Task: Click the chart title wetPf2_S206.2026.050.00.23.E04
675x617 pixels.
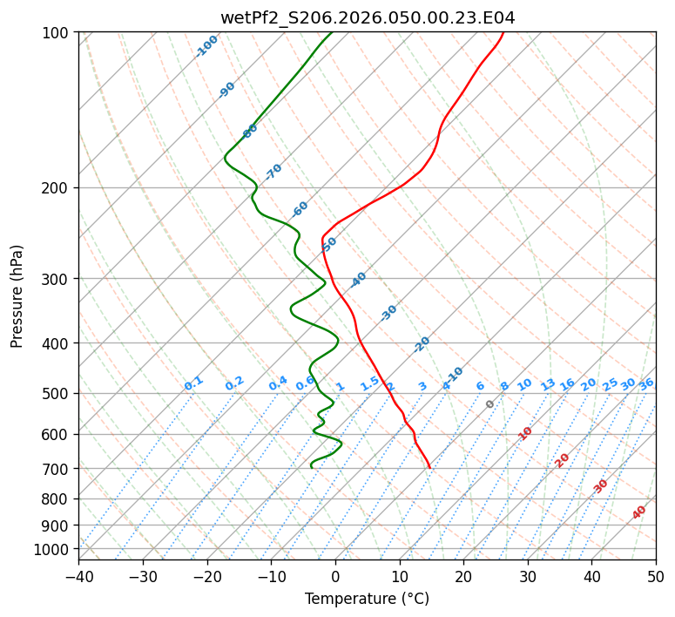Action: point(367,17)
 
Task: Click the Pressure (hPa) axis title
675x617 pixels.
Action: point(17,295)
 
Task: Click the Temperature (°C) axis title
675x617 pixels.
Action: point(367,600)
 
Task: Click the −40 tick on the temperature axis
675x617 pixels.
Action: point(78,577)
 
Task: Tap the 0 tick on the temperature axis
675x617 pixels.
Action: point(335,577)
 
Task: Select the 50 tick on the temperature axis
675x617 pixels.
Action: point(656,577)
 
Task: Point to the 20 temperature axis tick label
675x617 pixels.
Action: point(463,577)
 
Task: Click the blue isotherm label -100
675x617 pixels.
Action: point(206,46)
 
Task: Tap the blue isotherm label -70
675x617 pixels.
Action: point(273,172)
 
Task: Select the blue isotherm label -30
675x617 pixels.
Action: point(388,313)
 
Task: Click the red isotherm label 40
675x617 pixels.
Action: point(639,512)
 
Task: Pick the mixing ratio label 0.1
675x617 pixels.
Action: point(193,383)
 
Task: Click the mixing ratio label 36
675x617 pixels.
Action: point(646,383)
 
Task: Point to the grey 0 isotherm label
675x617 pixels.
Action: point(490,404)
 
